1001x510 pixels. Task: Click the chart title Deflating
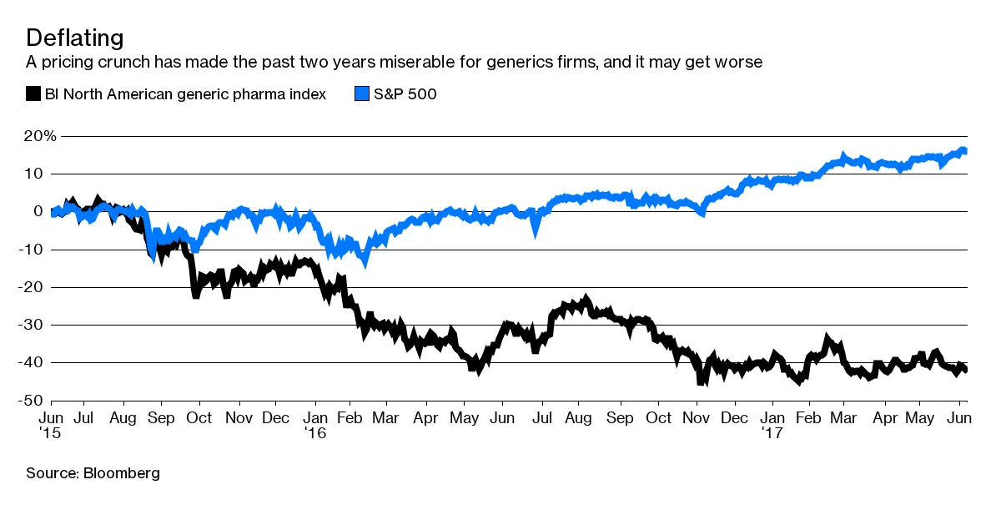[x=75, y=38]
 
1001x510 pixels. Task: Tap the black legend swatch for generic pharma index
[x=33, y=93]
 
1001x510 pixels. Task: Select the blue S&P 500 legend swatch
[x=362, y=93]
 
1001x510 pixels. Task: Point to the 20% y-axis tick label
[x=40, y=136]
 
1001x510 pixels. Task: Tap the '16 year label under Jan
[x=314, y=432]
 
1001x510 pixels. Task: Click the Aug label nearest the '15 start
[x=123, y=417]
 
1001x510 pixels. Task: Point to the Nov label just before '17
[x=696, y=417]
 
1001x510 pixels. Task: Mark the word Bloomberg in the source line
[x=121, y=473]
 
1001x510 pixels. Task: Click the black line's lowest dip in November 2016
[x=702, y=382]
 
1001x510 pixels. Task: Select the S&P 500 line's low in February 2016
[x=365, y=262]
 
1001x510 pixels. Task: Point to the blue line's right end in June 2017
[x=965, y=151]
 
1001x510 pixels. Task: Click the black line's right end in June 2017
[x=965, y=371]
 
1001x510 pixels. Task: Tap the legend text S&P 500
[x=405, y=93]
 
